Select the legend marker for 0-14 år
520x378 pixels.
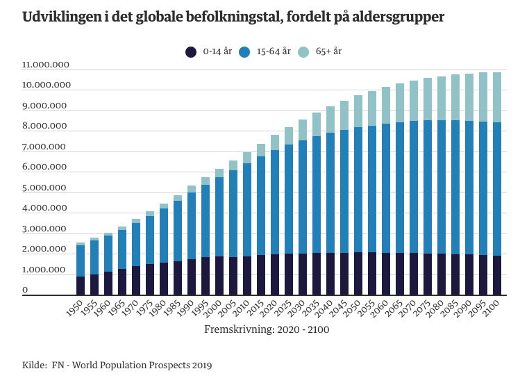(191, 52)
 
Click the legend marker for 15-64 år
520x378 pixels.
(244, 52)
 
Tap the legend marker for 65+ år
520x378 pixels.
(303, 52)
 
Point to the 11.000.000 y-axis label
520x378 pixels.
(46, 65)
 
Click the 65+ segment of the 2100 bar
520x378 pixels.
(497, 97)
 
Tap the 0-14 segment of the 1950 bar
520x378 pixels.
(81, 286)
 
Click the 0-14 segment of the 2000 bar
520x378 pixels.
(219, 276)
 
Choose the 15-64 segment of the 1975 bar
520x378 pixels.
(150, 240)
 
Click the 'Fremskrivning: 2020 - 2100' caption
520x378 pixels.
(267, 329)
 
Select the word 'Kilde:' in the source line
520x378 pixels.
(34, 365)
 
